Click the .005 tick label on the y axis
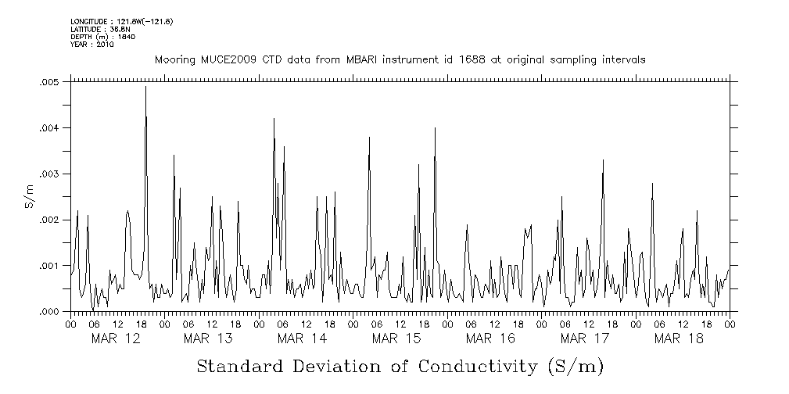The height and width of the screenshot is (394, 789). coord(49,82)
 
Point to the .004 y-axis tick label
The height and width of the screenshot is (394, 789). coord(49,128)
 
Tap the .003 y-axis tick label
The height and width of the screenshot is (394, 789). coord(49,174)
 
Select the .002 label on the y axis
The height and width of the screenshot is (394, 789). coord(49,220)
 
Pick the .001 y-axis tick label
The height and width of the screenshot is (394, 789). coord(49,267)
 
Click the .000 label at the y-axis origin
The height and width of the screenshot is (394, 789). coord(49,312)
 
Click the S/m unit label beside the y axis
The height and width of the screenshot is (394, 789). coord(29,195)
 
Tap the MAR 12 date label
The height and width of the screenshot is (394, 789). coord(116,338)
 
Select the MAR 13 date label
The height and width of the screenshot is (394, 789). coord(209,338)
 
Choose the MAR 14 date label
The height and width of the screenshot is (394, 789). coord(303,338)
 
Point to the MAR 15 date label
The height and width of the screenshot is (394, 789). coord(396,338)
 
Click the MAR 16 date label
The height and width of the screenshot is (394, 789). coord(490,338)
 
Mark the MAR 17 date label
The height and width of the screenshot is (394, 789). coord(585,338)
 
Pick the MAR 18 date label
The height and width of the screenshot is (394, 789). coord(679,338)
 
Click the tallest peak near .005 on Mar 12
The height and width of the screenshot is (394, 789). coord(145,88)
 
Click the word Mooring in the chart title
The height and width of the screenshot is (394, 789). coord(175,60)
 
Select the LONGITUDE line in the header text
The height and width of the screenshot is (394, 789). coord(121,21)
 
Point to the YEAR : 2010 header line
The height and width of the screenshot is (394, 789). coord(92,45)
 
